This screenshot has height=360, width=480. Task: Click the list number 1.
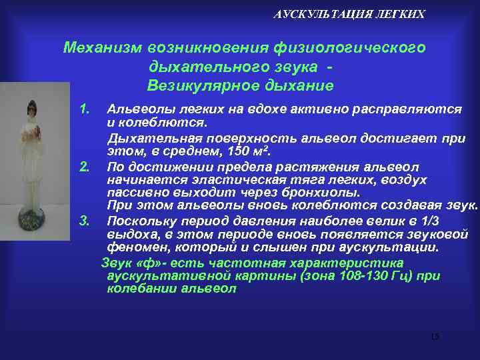[x=84, y=107]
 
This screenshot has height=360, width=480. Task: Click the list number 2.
[x=84, y=165]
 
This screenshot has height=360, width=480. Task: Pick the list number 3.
[x=84, y=221]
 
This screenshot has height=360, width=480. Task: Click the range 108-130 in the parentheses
[x=353, y=276]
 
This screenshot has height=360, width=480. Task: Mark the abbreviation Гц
[x=391, y=276]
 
